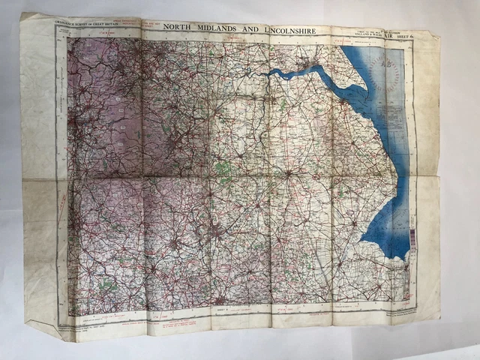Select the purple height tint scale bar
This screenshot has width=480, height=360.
[x=410, y=244]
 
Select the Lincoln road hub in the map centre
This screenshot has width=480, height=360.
[x=287, y=174]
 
